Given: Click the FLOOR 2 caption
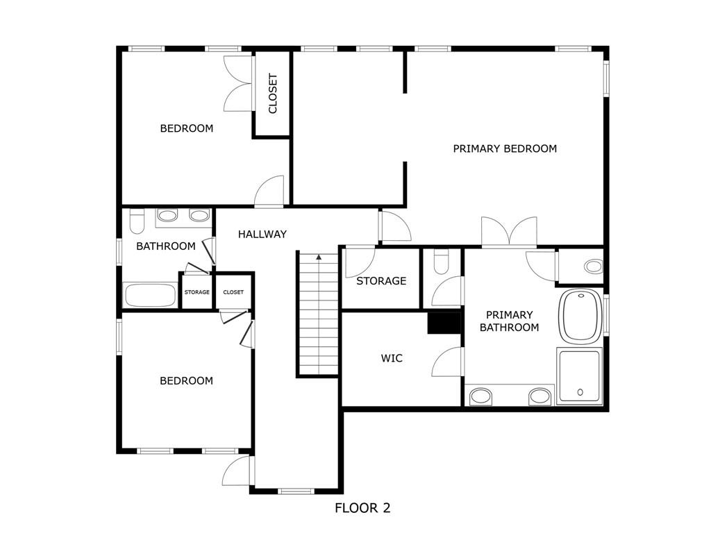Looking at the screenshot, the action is click(x=362, y=508).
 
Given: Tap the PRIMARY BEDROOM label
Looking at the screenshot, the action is click(x=505, y=149).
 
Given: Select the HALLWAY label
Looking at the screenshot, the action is click(x=262, y=235).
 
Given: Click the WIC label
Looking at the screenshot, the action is click(x=392, y=359).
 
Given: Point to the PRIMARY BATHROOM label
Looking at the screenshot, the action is click(x=509, y=321).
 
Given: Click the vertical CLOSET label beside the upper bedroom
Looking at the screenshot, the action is click(x=272, y=94).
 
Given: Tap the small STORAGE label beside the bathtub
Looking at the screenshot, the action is click(x=196, y=292).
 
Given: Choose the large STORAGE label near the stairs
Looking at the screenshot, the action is click(x=381, y=281).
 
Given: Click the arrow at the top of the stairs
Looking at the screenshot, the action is click(x=319, y=257).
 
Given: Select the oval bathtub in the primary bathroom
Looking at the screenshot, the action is click(x=580, y=316).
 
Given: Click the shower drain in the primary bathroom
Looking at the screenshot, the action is click(x=580, y=392).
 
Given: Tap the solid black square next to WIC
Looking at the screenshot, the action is click(x=444, y=323).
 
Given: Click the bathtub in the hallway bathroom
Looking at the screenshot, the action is click(x=150, y=295).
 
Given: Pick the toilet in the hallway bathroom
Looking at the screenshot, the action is click(x=137, y=221).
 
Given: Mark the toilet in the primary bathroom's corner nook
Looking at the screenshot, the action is click(x=593, y=266).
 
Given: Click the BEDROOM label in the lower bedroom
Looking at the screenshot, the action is click(x=186, y=381).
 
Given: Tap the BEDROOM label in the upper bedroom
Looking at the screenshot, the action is click(x=186, y=128).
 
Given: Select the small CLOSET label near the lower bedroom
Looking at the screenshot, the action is click(x=233, y=292).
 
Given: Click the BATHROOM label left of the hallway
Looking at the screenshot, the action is click(x=165, y=246).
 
